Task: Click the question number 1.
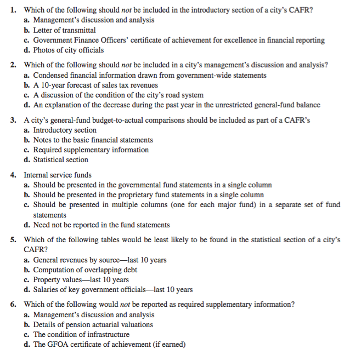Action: coord(13,10)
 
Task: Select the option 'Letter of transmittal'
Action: coord(64,30)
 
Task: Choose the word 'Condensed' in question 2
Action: coord(50,75)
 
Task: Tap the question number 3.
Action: coord(13,119)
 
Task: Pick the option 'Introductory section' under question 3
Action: coord(65,130)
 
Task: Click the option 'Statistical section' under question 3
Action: coord(60,159)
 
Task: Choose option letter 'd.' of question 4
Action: coord(27,225)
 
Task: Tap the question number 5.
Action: coord(13,239)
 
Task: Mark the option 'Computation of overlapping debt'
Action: coord(85,270)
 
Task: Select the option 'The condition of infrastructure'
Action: coord(81,334)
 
